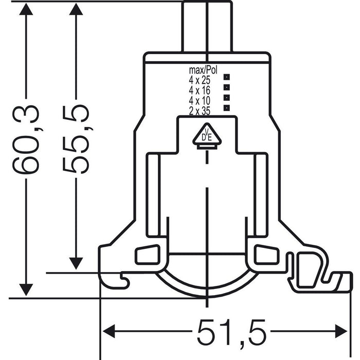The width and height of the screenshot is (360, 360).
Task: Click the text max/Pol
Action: click(204, 70)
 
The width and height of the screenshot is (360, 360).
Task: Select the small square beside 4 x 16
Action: click(226, 88)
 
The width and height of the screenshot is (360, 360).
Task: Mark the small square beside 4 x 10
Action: click(226, 97)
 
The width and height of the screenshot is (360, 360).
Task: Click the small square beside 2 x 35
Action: click(226, 106)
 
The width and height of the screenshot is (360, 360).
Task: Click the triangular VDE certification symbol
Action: click(206, 136)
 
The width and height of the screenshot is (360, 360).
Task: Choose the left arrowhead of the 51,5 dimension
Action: click(110, 330)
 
